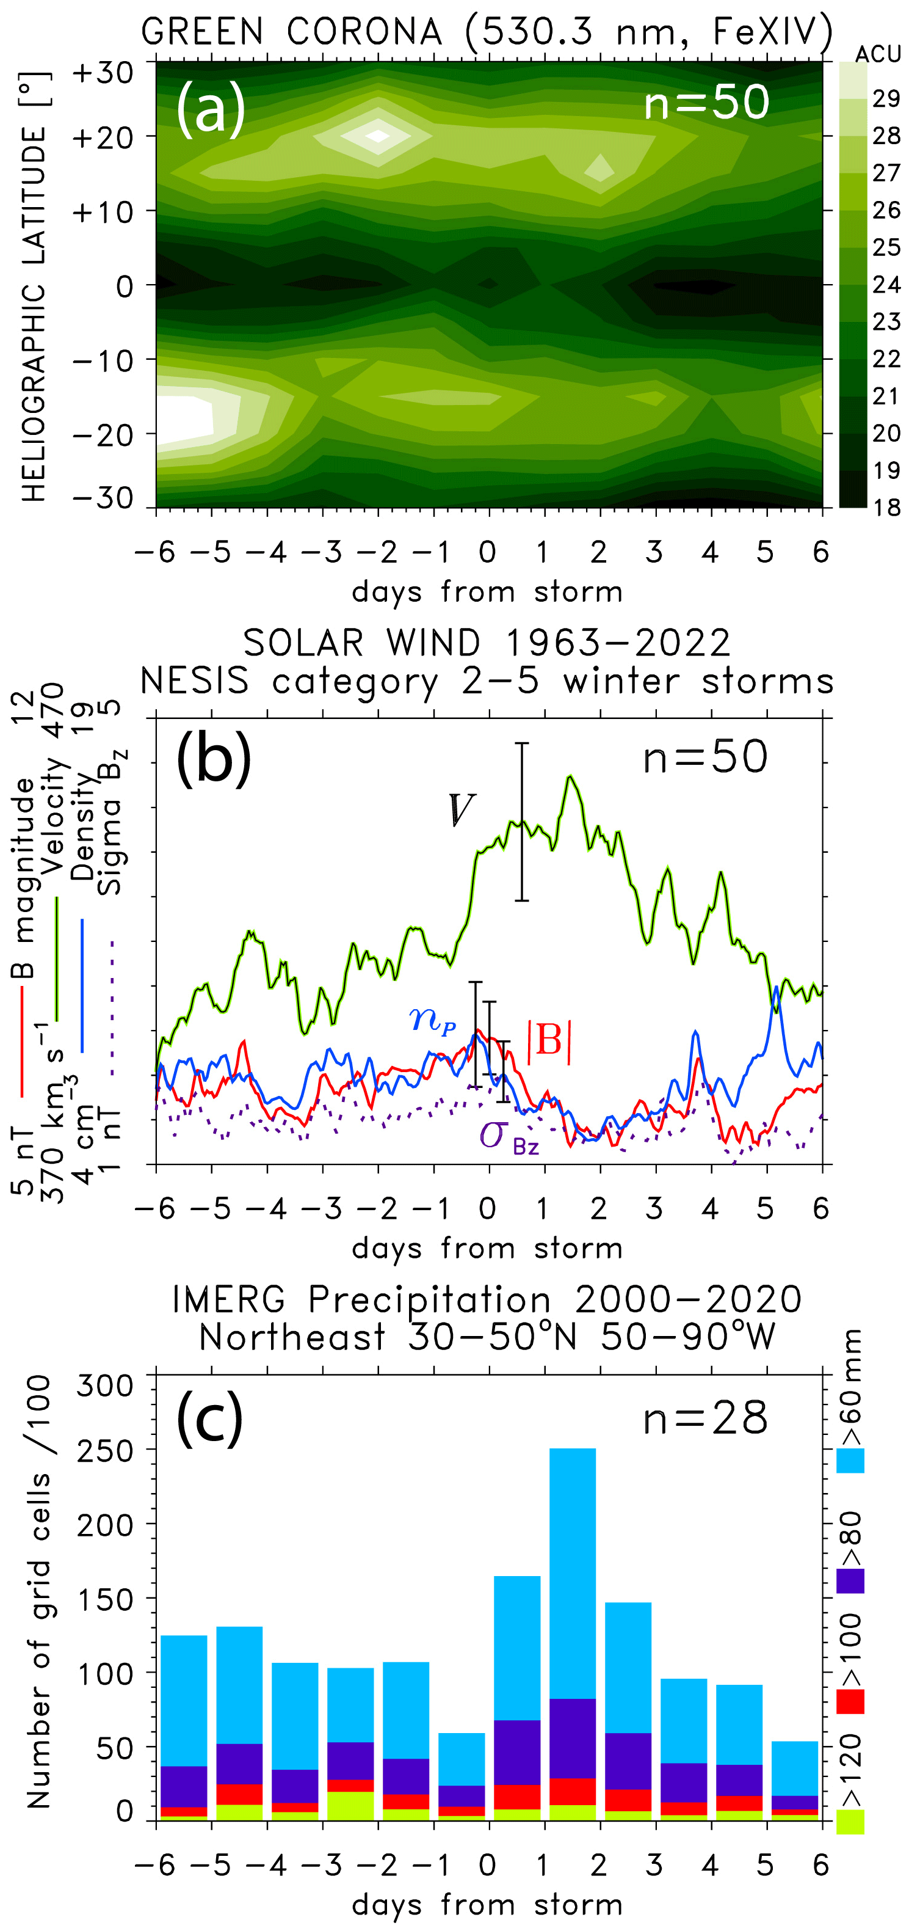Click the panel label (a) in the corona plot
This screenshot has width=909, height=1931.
tap(211, 109)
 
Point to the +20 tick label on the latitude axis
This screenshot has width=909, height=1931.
tap(103, 138)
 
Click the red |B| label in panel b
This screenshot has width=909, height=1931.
tap(549, 1041)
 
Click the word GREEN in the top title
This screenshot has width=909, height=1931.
tap(201, 32)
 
